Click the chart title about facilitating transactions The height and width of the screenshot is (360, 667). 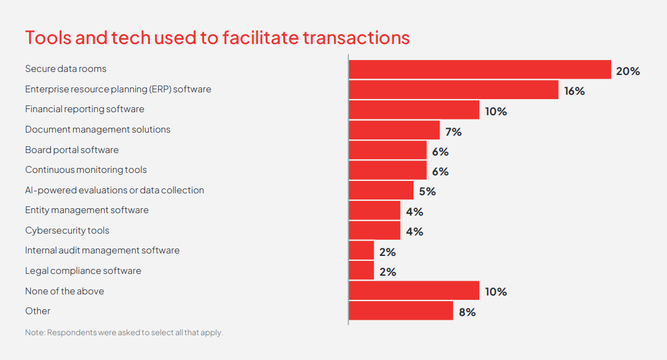[x=217, y=37]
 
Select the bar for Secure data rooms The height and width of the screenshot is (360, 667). [x=480, y=69]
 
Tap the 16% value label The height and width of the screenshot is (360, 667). [x=574, y=91]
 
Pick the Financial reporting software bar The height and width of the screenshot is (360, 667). [x=413, y=110]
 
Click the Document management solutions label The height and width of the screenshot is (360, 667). [x=97, y=130]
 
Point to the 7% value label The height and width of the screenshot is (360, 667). [x=453, y=131]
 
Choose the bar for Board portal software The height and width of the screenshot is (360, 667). [x=387, y=151]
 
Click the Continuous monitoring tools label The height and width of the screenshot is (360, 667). [x=86, y=170]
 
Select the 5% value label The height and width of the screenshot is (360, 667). [x=427, y=191]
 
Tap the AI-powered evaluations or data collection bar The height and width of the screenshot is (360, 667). [x=381, y=190]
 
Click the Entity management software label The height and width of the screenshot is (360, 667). [x=87, y=210]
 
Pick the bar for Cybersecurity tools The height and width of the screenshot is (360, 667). [x=374, y=230]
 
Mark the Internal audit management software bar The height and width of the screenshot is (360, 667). [x=361, y=251]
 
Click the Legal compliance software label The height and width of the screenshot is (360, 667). [x=83, y=271]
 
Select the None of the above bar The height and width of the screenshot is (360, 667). [x=413, y=291]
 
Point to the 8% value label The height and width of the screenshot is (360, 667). [x=467, y=312]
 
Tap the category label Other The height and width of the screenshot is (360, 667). [x=38, y=311]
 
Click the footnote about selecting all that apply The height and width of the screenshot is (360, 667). [x=123, y=333]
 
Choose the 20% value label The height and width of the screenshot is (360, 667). [x=627, y=71]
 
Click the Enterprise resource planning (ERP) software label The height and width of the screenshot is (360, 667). [x=118, y=89]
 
